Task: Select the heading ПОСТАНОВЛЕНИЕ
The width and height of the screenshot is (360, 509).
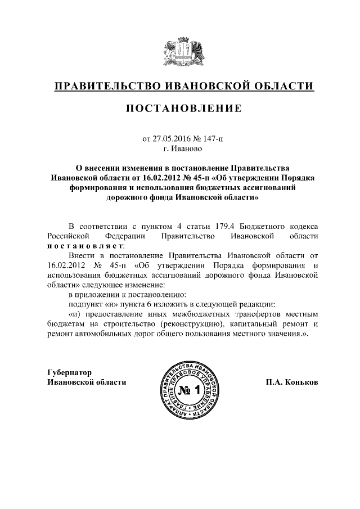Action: (183, 109)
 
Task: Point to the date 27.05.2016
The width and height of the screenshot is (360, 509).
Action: (171, 139)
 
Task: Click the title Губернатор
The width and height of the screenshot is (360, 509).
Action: (68, 372)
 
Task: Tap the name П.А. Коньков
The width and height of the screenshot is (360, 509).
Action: (292, 382)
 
